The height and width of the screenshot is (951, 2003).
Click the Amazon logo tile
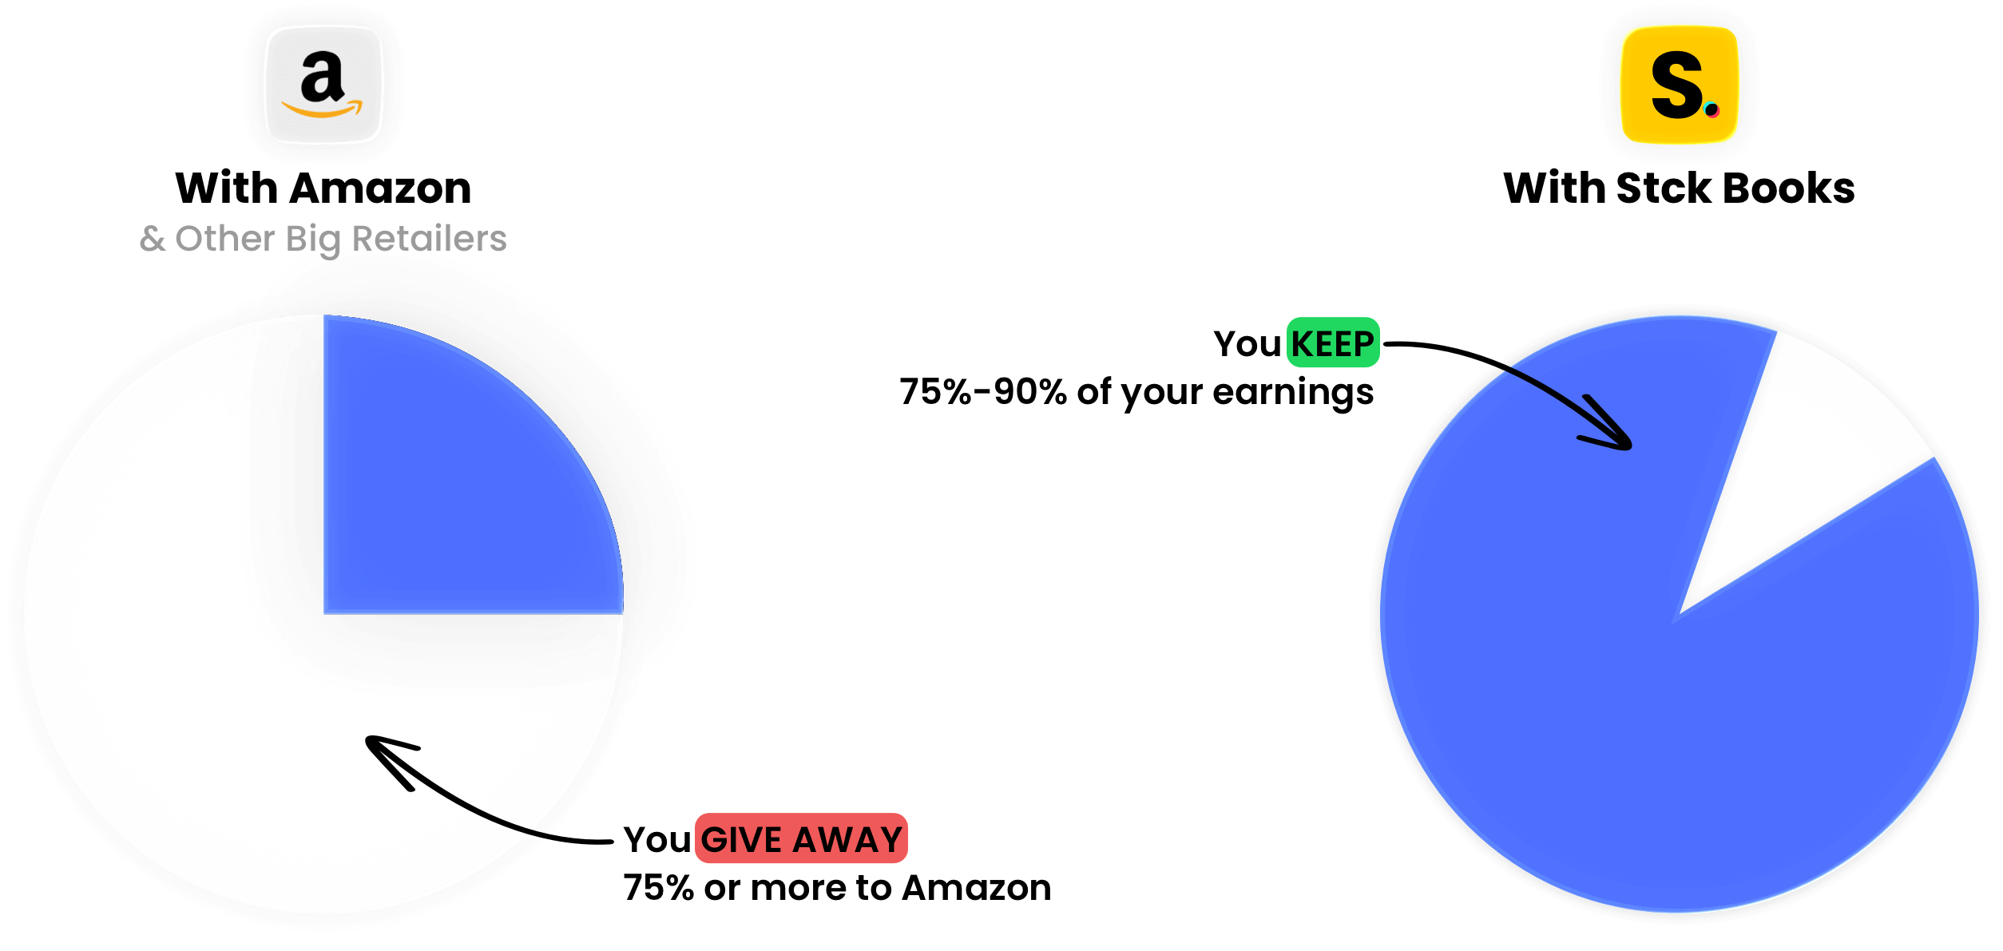pyautogui.click(x=324, y=85)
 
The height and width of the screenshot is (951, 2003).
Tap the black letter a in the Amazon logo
pyautogui.click(x=322, y=77)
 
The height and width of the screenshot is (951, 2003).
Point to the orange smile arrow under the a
pyautogui.click(x=322, y=110)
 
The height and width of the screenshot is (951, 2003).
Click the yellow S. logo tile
pyautogui.click(x=1680, y=85)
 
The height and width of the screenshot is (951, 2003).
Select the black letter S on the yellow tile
pyautogui.click(x=1675, y=85)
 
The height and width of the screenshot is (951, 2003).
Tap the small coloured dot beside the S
pyautogui.click(x=1711, y=109)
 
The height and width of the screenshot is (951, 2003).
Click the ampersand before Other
pyautogui.click(x=153, y=239)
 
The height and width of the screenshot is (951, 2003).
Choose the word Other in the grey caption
pyautogui.click(x=224, y=239)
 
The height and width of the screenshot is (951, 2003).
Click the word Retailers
pyautogui.click(x=429, y=239)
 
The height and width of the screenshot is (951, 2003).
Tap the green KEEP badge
pyautogui.click(x=1333, y=343)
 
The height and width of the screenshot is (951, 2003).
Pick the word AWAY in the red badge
pyautogui.click(x=847, y=840)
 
